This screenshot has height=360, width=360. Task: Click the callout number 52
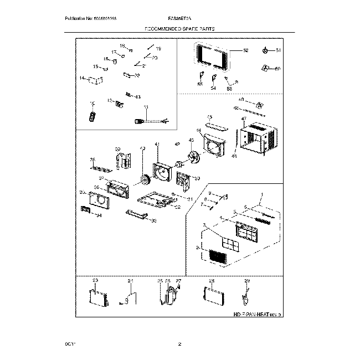pyautogui.click(x=246, y=50)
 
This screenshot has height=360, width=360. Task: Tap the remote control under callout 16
pyautogui.click(x=92, y=115)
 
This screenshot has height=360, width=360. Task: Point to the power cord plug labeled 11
pyautogui.click(x=138, y=120)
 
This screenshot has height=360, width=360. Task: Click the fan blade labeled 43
pyautogui.click(x=193, y=157)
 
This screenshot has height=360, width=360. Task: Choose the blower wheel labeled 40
pyautogui.click(x=145, y=181)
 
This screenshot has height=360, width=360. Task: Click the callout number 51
pyautogui.click(x=279, y=50)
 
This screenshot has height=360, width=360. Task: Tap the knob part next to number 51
pyautogui.click(x=266, y=52)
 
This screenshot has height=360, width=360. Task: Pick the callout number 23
pyautogui.click(x=95, y=282)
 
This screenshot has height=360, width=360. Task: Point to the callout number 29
pyautogui.click(x=247, y=281)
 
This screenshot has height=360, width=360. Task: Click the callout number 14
pyautogui.click(x=82, y=79)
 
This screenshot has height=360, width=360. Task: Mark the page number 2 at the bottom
pyautogui.click(x=180, y=345)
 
